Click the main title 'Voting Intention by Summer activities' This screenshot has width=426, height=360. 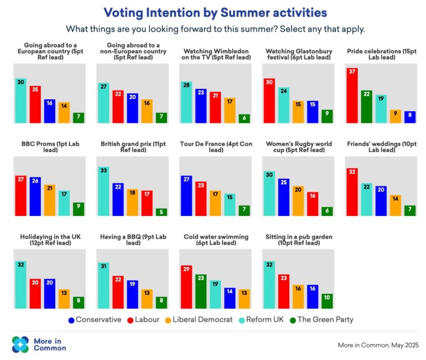click(215, 13)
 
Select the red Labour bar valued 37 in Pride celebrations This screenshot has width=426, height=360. click(352, 96)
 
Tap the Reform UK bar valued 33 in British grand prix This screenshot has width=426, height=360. click(103, 192)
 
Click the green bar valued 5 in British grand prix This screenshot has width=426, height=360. click(161, 212)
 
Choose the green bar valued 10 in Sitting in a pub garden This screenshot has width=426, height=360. click(327, 301)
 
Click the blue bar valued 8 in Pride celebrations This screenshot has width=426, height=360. click(409, 117)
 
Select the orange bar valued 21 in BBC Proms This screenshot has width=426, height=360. click(50, 200)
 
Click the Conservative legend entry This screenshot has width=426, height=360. click(95, 320)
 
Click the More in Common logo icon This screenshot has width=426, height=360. click(20, 344)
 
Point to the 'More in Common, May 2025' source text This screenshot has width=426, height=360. click(378, 345)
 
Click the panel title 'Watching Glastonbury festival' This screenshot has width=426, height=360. click(299, 54)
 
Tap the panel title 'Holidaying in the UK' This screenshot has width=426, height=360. click(50, 240)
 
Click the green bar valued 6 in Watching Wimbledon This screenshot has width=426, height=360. click(244, 119)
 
